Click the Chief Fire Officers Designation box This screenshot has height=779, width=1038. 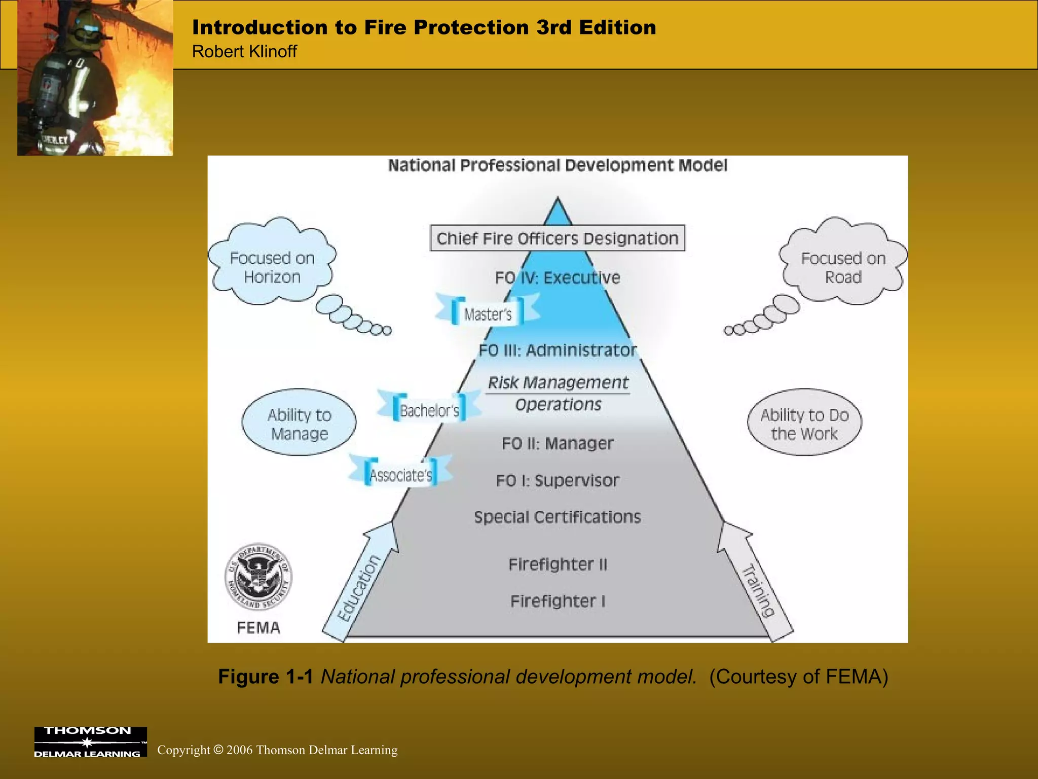point(558,238)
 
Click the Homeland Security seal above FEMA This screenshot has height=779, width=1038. point(258,577)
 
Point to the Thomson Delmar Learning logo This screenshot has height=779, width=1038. point(90,741)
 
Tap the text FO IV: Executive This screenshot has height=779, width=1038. point(558,277)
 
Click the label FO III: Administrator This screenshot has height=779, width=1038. point(558,350)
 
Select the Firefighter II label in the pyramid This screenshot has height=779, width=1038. point(558,564)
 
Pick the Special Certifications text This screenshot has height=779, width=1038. point(558,517)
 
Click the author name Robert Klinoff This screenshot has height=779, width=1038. point(244,52)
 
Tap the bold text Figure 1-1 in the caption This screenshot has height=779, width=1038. point(266,677)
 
